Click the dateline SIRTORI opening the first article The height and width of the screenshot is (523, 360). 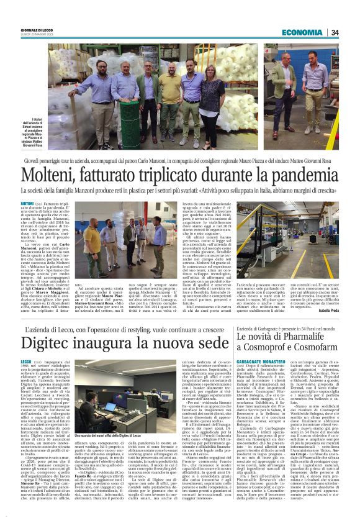[45, 202]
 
